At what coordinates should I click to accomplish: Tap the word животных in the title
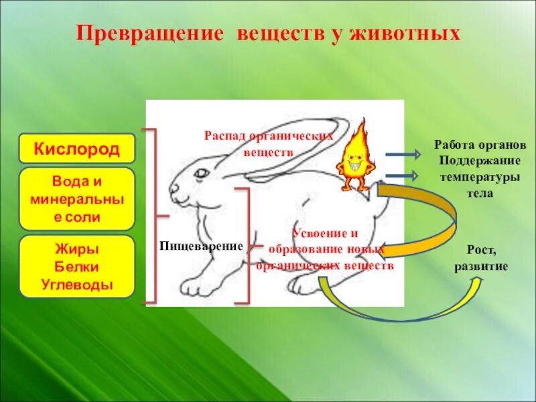point(402,33)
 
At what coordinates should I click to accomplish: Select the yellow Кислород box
point(77,149)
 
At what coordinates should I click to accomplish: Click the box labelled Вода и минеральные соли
point(77,199)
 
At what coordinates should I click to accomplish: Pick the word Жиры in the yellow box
point(77,249)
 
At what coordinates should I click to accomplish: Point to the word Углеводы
point(77,284)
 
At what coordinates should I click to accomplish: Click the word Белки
point(77,267)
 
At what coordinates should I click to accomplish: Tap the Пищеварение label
point(200,246)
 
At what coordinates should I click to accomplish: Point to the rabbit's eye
point(200,174)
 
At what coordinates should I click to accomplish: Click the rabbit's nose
point(172,190)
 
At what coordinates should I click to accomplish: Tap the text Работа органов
point(480,145)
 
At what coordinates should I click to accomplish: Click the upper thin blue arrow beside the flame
point(402,155)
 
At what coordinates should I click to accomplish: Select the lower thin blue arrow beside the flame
point(402,176)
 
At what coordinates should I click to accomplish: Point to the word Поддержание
point(480,161)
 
